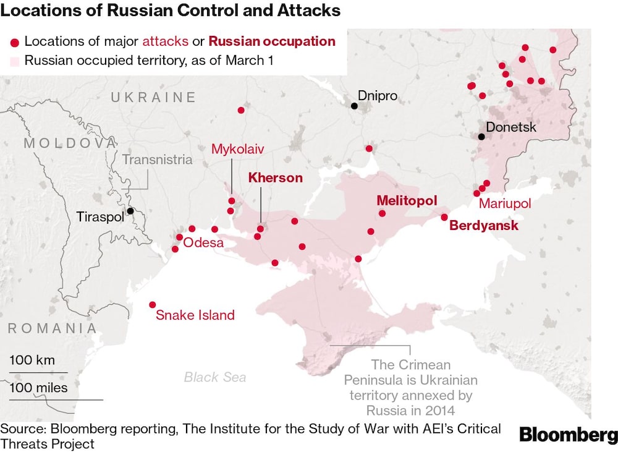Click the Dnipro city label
tap(378, 96)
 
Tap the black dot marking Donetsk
tap(480, 137)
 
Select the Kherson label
tap(275, 178)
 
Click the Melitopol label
tap(407, 201)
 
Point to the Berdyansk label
tap(484, 226)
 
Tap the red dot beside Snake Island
tap(153, 304)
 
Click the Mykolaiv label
tap(237, 149)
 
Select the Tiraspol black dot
tap(130, 211)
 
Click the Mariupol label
tap(504, 203)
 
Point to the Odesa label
tap(203, 242)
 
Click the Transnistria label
tap(157, 160)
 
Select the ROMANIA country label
tap(53, 328)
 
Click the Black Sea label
tap(214, 377)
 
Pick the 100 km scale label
tap(32, 360)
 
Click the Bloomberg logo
tap(568, 435)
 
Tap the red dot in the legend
tap(14, 42)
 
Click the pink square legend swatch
tap(14, 61)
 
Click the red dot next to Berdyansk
tap(444, 217)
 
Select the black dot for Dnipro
tap(354, 106)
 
